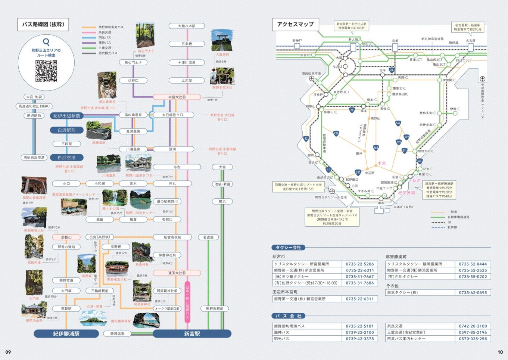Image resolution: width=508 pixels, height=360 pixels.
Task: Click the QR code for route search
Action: click(46, 71)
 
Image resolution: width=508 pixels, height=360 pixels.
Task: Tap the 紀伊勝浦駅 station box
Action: click(66, 333)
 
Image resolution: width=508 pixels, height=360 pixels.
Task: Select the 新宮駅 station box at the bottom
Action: click(192, 333)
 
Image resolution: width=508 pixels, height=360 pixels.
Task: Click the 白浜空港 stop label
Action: click(66, 158)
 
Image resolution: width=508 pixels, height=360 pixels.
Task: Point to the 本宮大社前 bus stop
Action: click(177, 97)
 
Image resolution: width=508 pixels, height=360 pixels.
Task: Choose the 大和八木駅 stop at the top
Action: click(187, 26)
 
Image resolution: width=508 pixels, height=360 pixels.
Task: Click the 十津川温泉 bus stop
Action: click(187, 63)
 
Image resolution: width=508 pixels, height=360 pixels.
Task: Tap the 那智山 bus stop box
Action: click(66, 237)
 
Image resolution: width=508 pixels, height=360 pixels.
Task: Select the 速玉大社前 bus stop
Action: click(177, 273)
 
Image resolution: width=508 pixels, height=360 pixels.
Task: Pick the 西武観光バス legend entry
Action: click(107, 53)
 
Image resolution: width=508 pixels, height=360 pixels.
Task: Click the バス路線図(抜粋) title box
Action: click(43, 25)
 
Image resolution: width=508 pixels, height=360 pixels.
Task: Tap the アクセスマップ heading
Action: click(295, 24)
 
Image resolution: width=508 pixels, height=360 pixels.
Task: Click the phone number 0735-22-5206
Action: click(359, 264)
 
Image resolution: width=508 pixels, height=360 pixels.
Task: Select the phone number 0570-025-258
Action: click(473, 339)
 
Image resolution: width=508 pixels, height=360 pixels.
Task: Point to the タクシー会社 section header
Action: click(288, 248)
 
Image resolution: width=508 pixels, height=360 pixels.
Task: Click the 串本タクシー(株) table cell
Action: click(420, 293)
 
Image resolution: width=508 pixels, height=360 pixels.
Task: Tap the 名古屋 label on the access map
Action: click(470, 41)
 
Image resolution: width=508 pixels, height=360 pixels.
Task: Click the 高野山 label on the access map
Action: click(375, 118)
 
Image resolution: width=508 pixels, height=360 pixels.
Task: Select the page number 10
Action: click(500, 352)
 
